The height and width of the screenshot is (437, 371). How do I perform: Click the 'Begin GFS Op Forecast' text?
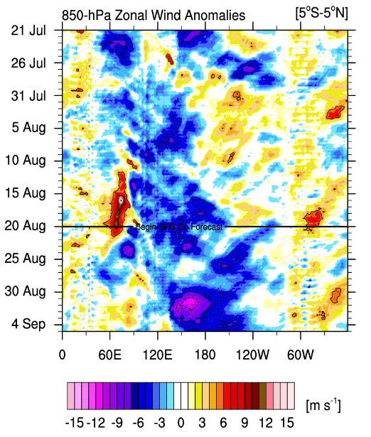point(178,227)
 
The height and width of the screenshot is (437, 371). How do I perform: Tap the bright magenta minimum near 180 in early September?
point(190,303)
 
